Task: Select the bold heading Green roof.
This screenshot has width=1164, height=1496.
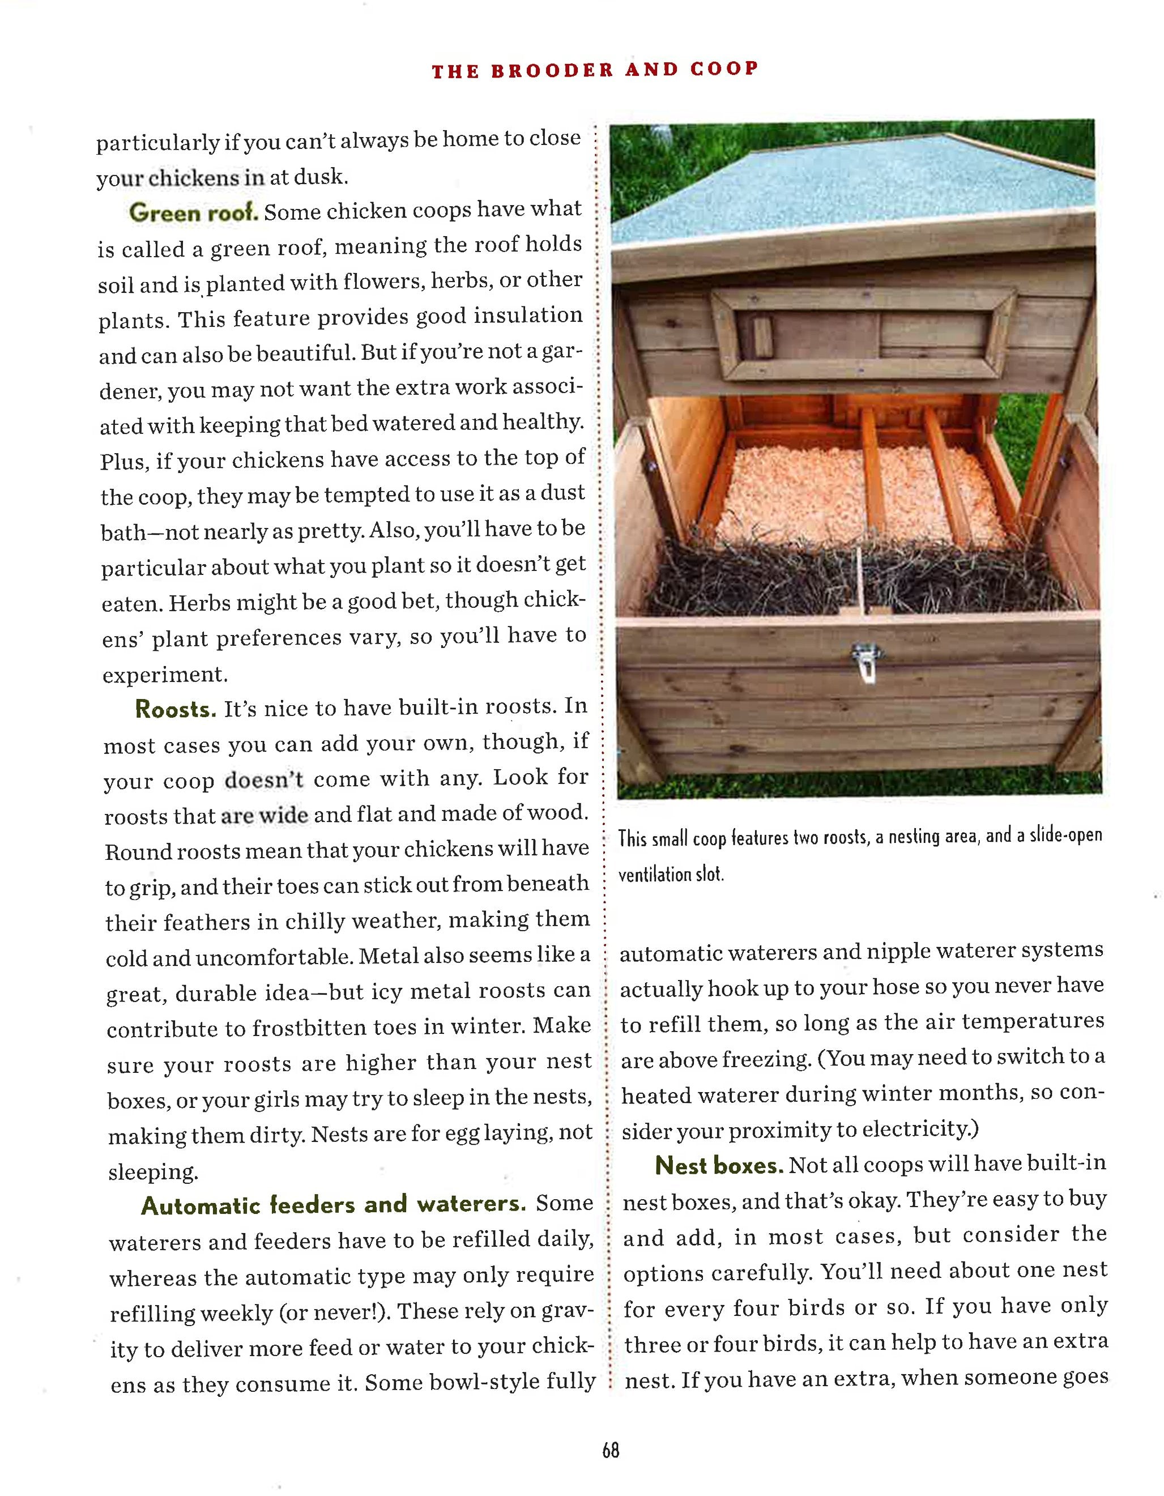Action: [x=194, y=212]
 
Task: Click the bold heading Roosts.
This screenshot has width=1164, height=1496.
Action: [x=176, y=709]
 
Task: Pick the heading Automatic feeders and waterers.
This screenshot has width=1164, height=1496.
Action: [x=334, y=1205]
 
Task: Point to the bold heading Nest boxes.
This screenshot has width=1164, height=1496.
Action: [x=719, y=1165]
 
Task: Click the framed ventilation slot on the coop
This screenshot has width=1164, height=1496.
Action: [x=863, y=333]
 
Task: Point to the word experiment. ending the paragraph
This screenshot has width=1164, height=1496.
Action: [x=164, y=675]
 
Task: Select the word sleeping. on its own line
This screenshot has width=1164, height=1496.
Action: [x=153, y=1173]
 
